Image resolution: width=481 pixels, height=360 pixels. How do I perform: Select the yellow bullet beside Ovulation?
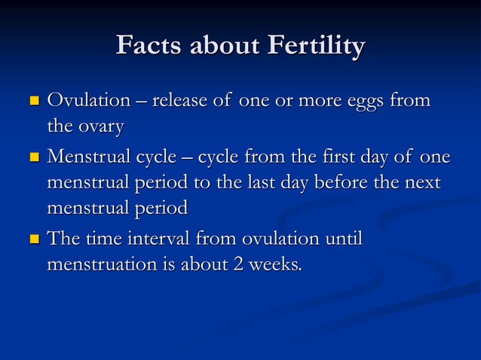(x=33, y=100)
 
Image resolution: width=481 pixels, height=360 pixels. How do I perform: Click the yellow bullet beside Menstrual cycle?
(x=33, y=157)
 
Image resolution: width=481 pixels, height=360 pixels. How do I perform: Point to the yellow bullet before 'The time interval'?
(x=33, y=239)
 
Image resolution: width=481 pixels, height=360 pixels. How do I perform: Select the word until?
(x=342, y=239)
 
